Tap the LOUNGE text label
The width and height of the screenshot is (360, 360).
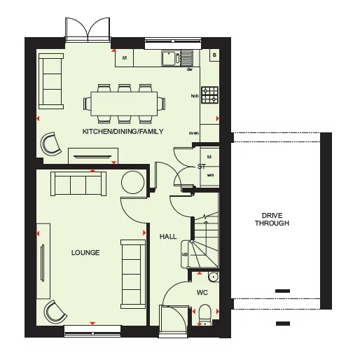(x=85, y=252)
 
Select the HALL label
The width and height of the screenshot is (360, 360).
(x=168, y=237)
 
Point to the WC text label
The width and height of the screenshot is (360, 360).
(x=202, y=291)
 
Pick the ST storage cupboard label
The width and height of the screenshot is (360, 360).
(x=201, y=167)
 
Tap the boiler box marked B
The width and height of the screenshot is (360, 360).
(x=214, y=55)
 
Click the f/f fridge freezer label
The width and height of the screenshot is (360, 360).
(x=126, y=58)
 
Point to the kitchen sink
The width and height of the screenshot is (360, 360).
(x=171, y=58)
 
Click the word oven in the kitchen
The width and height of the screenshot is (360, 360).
(x=194, y=132)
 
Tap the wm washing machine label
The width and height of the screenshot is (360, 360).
(x=210, y=174)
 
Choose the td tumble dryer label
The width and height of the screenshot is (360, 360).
(x=209, y=157)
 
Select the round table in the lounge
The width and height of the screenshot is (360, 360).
(x=132, y=183)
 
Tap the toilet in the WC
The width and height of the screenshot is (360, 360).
(x=205, y=312)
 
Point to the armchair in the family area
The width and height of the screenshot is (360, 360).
(x=50, y=144)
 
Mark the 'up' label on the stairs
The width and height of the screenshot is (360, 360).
(x=185, y=254)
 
